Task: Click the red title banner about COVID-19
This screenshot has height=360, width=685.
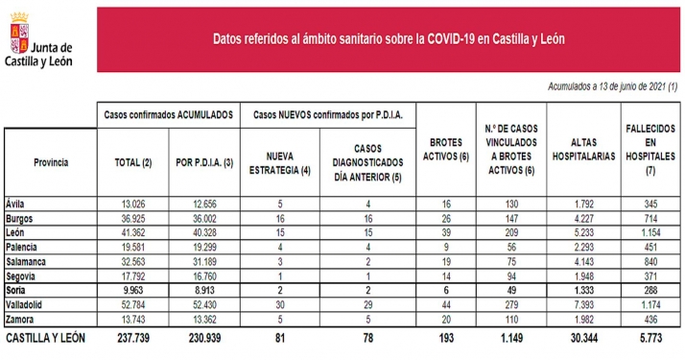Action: (388, 39)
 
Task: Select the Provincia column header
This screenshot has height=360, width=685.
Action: (50, 162)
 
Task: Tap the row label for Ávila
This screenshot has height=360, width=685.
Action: (16, 204)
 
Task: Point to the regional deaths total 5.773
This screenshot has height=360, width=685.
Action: (650, 339)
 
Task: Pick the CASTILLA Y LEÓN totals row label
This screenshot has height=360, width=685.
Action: (48, 339)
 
